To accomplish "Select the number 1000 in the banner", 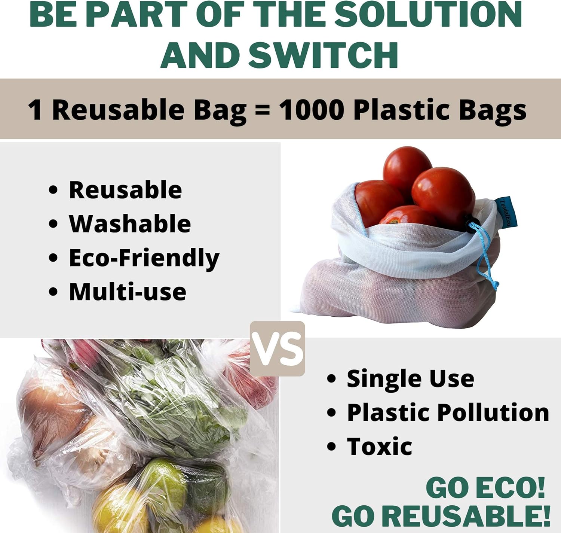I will point(311,110).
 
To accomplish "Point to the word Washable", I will point(130,224).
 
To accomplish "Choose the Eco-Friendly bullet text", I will point(144,258).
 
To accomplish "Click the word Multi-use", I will point(128,292).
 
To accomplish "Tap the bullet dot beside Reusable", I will point(53,190).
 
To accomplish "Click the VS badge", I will point(278,348).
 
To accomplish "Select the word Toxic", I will point(379,447).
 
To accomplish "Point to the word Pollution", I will point(493,412).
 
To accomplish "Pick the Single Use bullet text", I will point(410,378).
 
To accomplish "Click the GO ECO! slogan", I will point(485,488).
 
